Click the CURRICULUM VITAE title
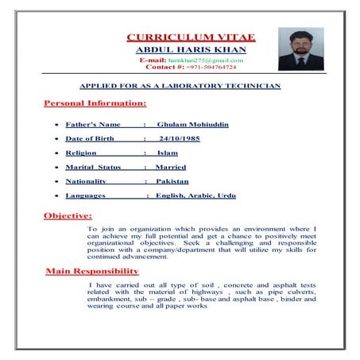coord(191,37)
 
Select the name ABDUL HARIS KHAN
coord(191,49)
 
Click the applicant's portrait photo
coord(300,49)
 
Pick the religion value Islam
coord(167,153)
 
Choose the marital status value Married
coord(170,167)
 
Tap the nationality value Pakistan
coord(172,181)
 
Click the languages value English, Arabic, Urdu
coord(195,195)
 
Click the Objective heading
coord(68,215)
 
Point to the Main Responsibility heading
coord(97,272)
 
